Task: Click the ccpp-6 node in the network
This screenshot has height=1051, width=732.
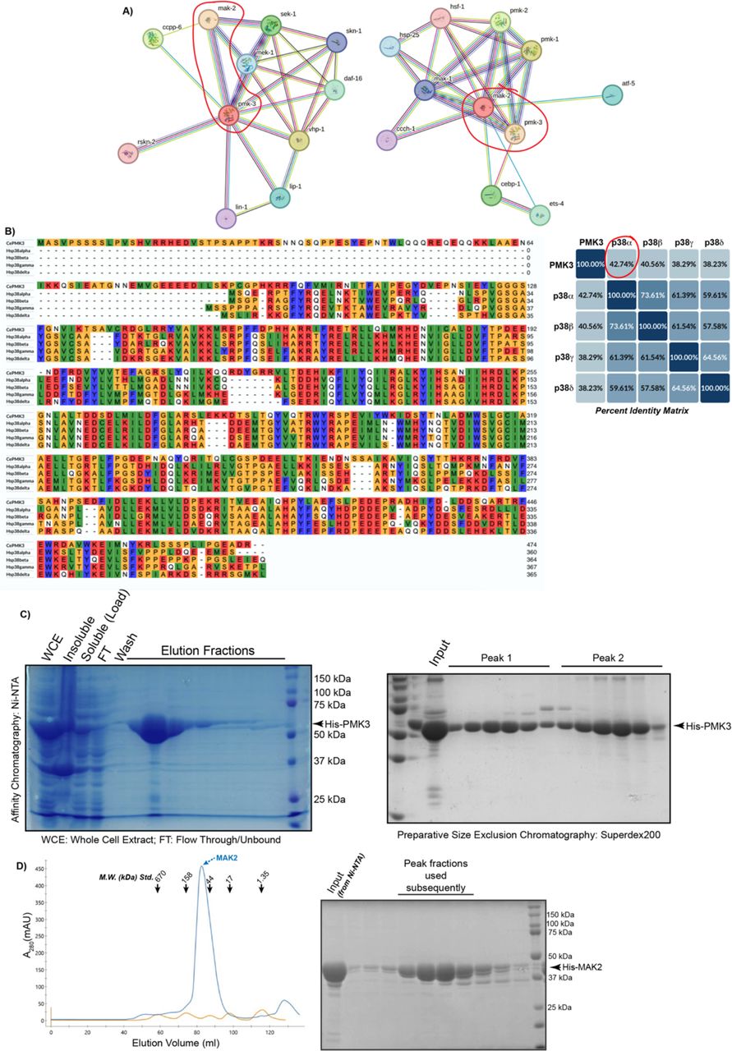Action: pos(154,38)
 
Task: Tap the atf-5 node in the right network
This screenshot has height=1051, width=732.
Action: pos(613,95)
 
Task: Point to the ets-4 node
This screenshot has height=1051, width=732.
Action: pos(540,215)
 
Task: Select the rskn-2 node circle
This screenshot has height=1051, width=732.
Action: pos(127,153)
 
